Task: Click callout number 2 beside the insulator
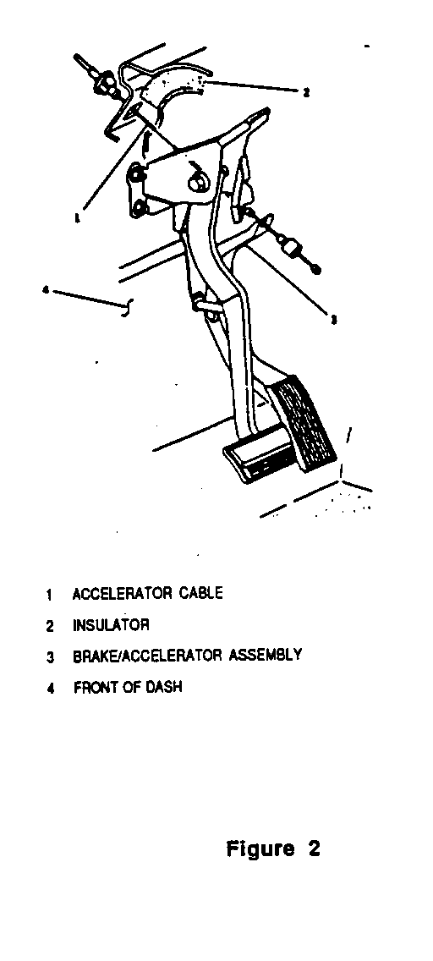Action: click(x=306, y=92)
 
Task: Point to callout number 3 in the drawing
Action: click(x=333, y=319)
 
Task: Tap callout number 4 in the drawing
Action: click(x=46, y=289)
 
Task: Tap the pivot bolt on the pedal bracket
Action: click(x=199, y=181)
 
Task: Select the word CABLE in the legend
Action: click(x=201, y=593)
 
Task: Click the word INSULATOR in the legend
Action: click(x=111, y=625)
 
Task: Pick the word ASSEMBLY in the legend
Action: click(x=266, y=655)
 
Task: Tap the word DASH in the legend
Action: click(x=163, y=686)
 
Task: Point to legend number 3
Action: click(x=51, y=657)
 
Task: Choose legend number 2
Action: click(x=50, y=626)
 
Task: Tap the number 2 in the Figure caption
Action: click(x=314, y=848)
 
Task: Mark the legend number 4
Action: click(x=51, y=689)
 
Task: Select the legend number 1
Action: click(x=49, y=595)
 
